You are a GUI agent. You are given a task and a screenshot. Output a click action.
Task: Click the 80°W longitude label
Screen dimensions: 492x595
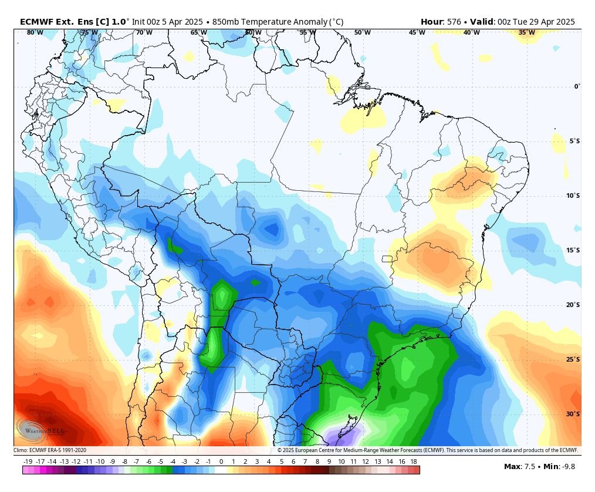pyautogui.click(x=35, y=33)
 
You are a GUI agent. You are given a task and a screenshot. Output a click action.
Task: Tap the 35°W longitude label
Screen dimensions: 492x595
pyautogui.click(x=526, y=33)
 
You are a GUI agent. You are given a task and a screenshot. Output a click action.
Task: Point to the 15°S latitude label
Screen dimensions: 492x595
pyautogui.click(x=573, y=250)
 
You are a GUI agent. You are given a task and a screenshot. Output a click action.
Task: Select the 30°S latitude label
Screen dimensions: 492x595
pyautogui.click(x=573, y=414)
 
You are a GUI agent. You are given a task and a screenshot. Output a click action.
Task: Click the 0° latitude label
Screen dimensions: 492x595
pyautogui.click(x=577, y=87)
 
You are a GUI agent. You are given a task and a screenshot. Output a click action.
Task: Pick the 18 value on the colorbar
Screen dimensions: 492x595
pyautogui.click(x=414, y=462)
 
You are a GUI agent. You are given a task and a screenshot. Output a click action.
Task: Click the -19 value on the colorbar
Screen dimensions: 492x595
pyautogui.click(x=28, y=462)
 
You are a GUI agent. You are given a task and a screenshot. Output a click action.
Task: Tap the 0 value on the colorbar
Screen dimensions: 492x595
pyautogui.click(x=221, y=462)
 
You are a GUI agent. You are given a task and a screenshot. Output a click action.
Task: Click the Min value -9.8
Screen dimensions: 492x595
pyautogui.click(x=567, y=467)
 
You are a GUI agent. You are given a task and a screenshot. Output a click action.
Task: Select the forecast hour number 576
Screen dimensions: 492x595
pyautogui.click(x=454, y=22)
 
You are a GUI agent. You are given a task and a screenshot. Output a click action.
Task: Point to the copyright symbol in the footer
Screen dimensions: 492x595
pyautogui.click(x=280, y=450)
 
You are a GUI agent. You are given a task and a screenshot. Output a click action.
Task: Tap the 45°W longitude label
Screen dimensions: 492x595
pyautogui.click(x=417, y=33)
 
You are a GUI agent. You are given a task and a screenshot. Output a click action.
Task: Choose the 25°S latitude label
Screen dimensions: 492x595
pyautogui.click(x=573, y=359)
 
